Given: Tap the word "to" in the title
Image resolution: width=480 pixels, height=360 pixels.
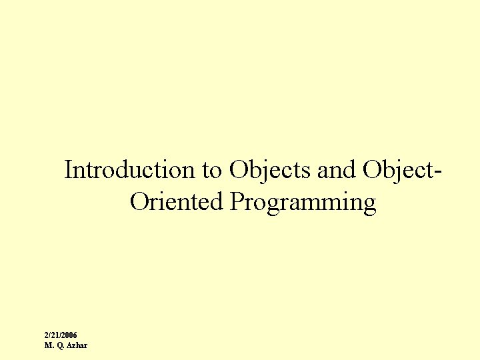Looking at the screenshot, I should (x=213, y=171).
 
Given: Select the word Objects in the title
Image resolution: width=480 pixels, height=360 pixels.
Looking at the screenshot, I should (x=271, y=171).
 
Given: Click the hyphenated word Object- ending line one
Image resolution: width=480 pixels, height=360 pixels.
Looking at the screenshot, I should (x=403, y=171).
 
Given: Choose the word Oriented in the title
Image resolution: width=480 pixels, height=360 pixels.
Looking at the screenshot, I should (x=177, y=201).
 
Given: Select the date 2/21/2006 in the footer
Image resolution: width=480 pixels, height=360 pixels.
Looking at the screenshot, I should (x=61, y=335).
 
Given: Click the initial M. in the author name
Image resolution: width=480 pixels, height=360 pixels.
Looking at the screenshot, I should (x=49, y=345).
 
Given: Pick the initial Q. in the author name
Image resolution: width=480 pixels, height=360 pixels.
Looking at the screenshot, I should (x=60, y=345).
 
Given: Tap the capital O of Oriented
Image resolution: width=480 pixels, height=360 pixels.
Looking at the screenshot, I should (x=140, y=201).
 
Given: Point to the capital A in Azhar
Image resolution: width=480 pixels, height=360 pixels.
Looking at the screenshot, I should (x=70, y=345).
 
